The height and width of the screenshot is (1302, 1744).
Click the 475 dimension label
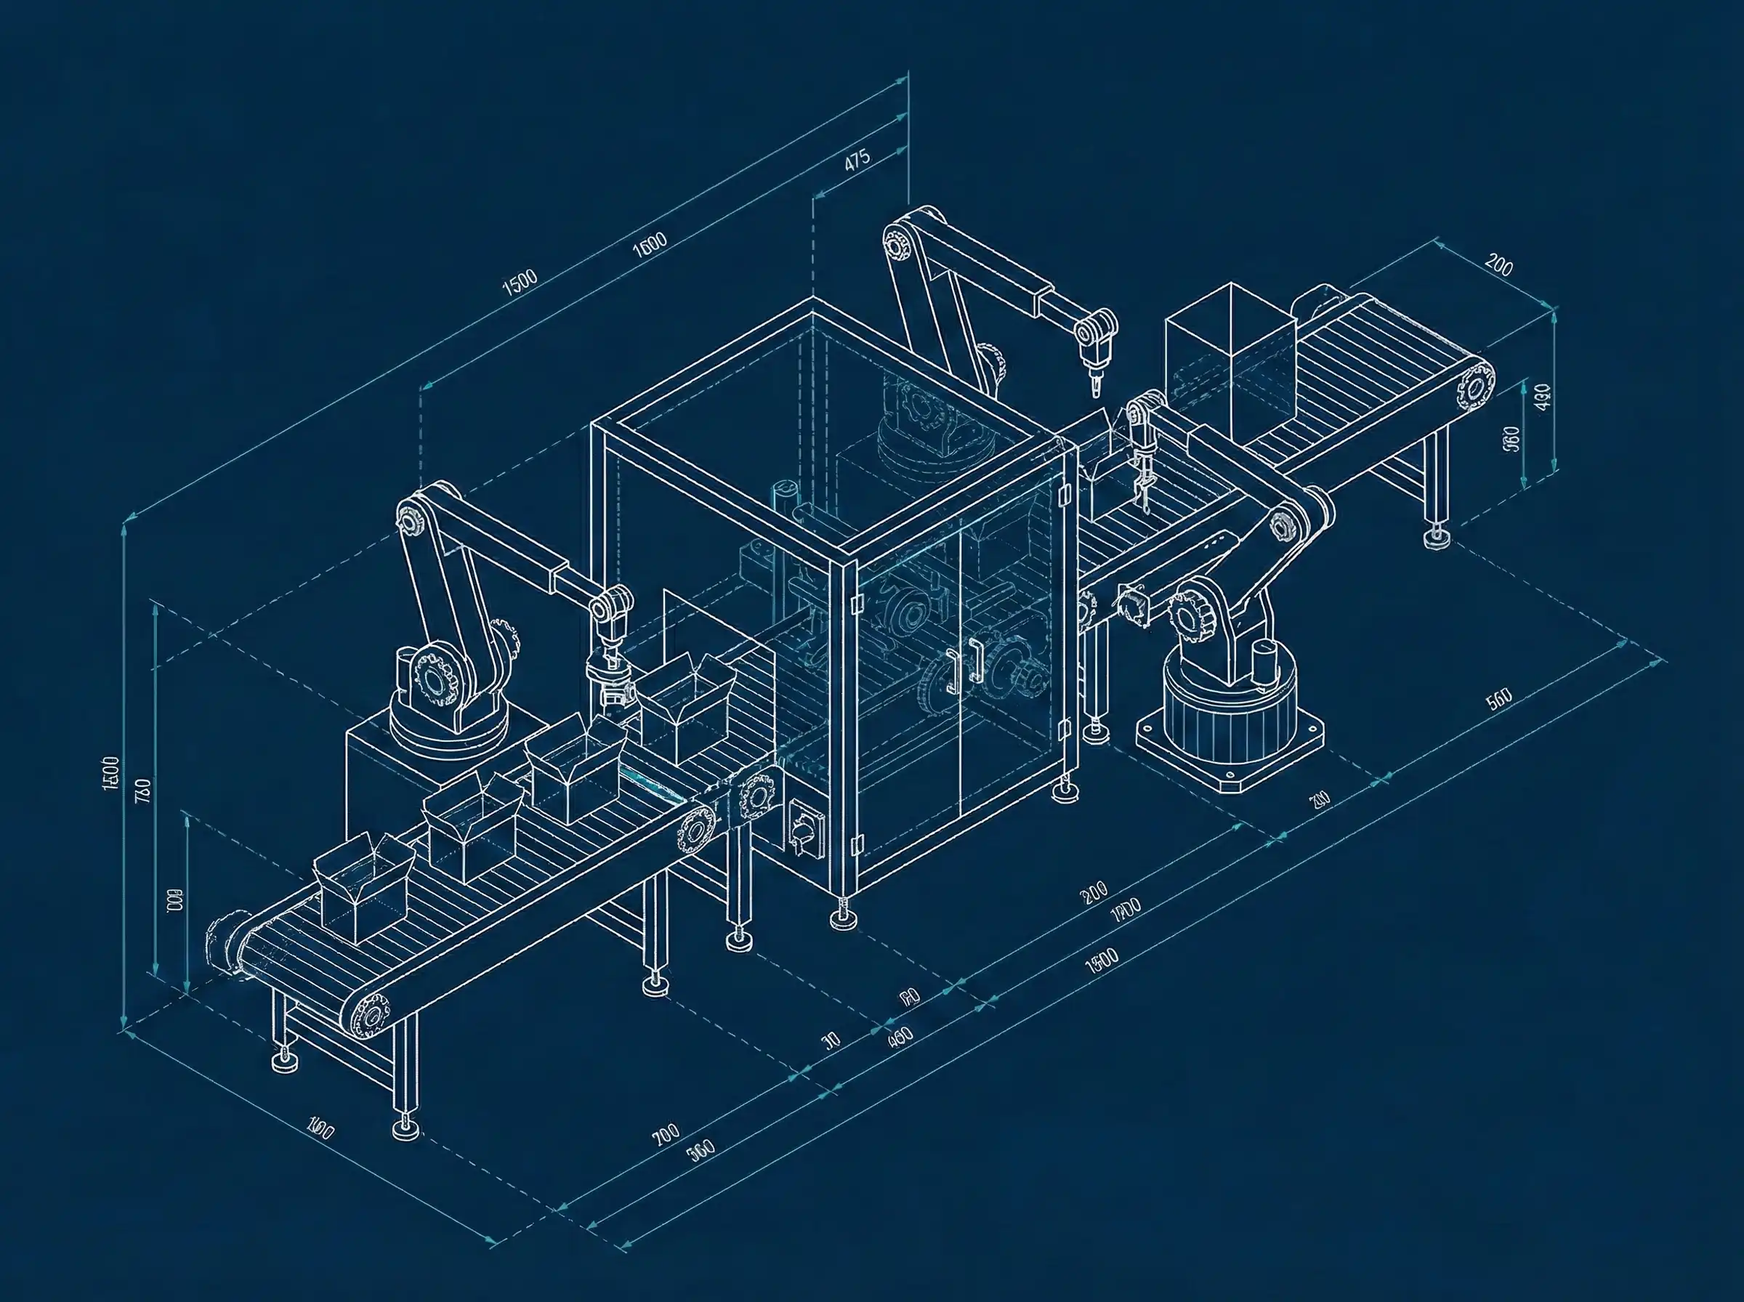tap(857, 160)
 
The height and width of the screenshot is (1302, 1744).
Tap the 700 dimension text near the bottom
tap(665, 1135)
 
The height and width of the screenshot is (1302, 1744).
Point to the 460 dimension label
tap(900, 1035)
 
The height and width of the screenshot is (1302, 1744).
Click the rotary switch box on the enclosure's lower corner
tap(804, 830)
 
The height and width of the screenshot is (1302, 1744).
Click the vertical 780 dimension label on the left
tap(142, 790)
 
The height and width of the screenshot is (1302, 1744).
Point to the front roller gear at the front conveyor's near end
tap(371, 1015)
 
